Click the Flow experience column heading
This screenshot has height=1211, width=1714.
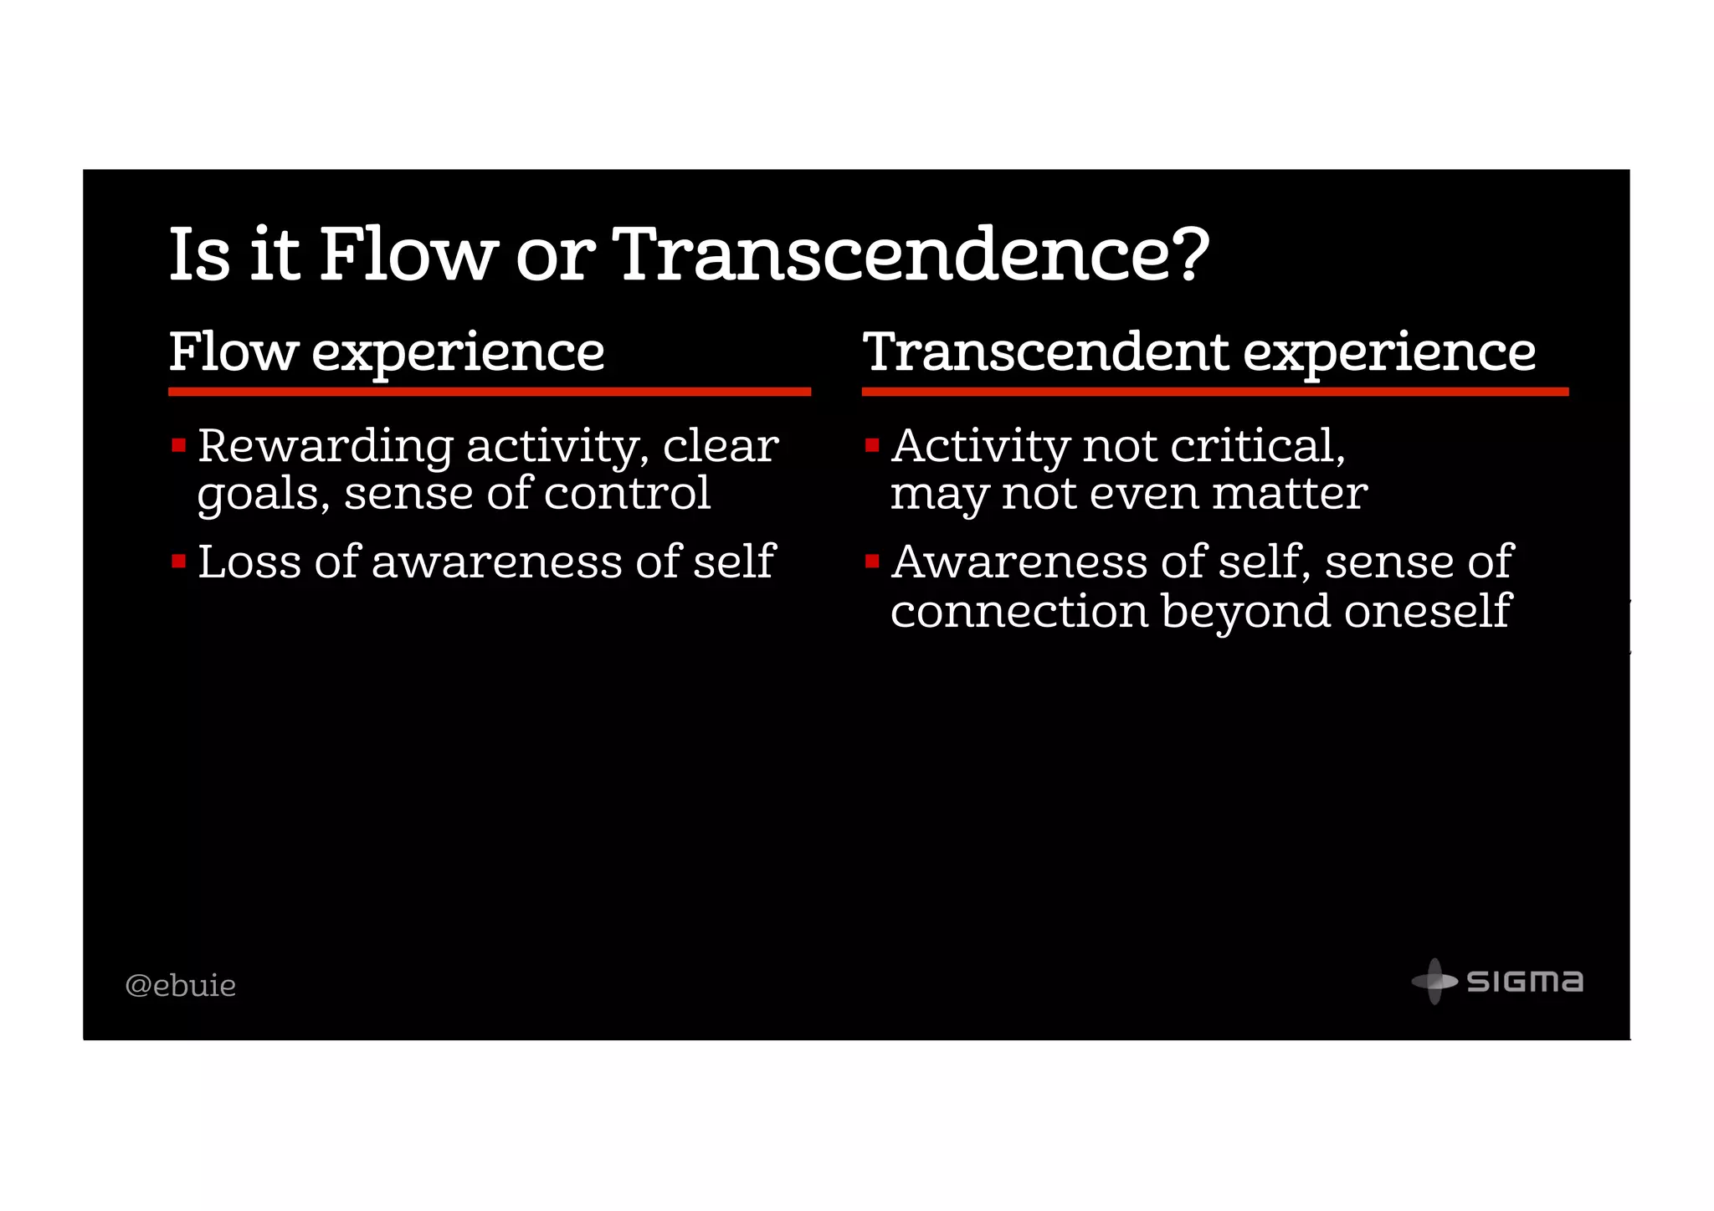coord(386,352)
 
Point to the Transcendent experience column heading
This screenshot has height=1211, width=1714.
coord(1198,352)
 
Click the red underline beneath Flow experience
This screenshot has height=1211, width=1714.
coord(489,392)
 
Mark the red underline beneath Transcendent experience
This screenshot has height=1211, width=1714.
coord(1214,392)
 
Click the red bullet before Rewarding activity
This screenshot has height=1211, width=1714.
coord(178,445)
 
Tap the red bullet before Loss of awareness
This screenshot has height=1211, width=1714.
coord(178,561)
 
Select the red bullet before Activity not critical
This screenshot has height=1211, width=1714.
coord(872,445)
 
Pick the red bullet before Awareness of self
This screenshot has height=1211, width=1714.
coord(872,561)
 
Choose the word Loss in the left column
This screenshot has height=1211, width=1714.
coord(249,561)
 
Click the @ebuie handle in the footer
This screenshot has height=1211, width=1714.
coord(180,986)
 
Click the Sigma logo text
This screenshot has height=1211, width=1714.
coord(1525,982)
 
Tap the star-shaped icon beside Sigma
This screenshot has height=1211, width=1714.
coord(1434,981)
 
